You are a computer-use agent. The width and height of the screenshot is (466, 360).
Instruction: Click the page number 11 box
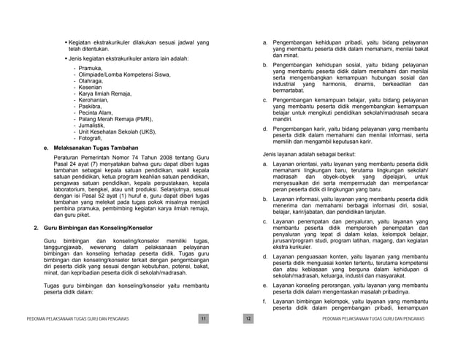(205, 319)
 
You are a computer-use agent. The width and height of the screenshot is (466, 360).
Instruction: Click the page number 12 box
(248, 319)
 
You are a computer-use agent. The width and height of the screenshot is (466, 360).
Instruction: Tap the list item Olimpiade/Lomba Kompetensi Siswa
(125, 75)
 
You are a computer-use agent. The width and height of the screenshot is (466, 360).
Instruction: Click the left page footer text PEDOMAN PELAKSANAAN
(73, 320)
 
